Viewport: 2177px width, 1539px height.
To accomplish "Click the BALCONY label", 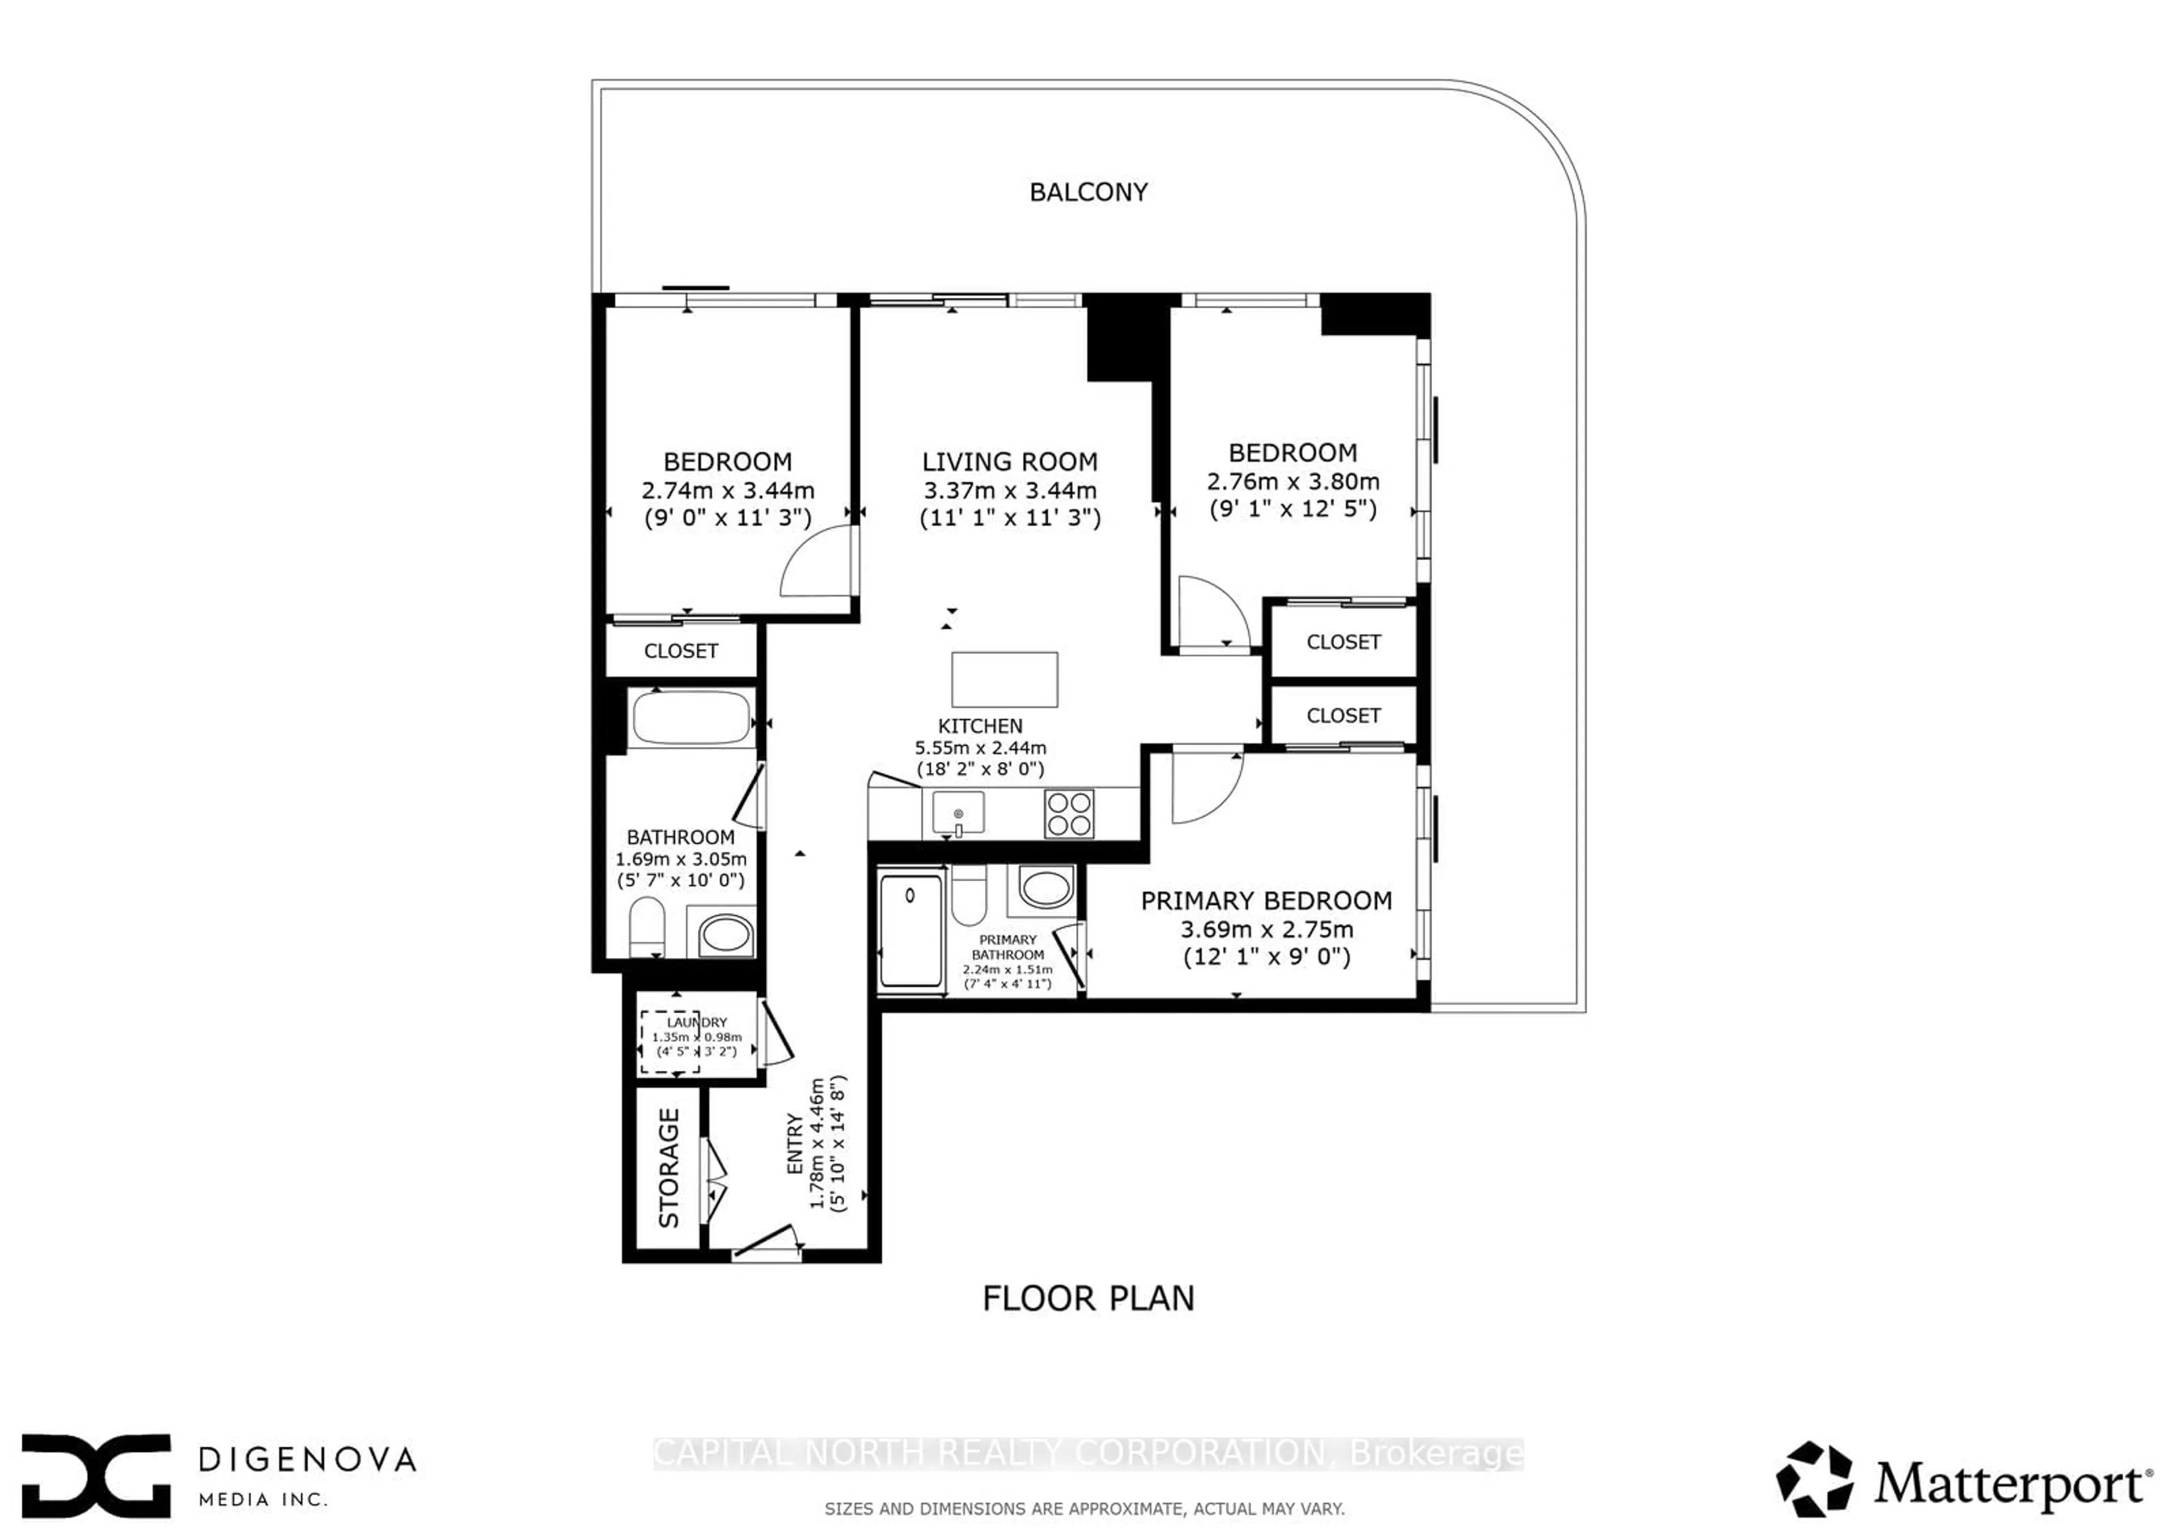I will pos(1088,192).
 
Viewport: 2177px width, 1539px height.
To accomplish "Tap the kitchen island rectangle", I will pos(1004,679).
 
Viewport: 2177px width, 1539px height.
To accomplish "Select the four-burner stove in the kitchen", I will pos(1069,814).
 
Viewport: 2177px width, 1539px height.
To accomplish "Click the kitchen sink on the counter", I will pos(958,814).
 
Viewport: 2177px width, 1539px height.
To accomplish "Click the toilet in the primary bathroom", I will pos(968,894).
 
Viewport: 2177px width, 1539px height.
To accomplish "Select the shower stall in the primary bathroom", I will pos(910,930).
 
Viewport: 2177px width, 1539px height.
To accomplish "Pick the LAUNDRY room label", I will pos(697,1022).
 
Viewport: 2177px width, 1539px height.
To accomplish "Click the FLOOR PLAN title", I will pos(1088,1298).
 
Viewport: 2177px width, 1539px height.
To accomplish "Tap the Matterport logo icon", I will pos(1814,1479).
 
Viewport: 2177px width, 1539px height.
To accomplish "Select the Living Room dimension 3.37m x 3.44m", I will pos(1010,491).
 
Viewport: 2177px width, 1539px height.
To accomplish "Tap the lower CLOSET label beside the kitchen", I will pos(1342,716).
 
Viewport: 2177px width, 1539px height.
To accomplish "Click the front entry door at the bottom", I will pos(766,1244).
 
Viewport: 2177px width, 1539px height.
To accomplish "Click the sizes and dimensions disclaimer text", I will pos(1084,1508).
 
